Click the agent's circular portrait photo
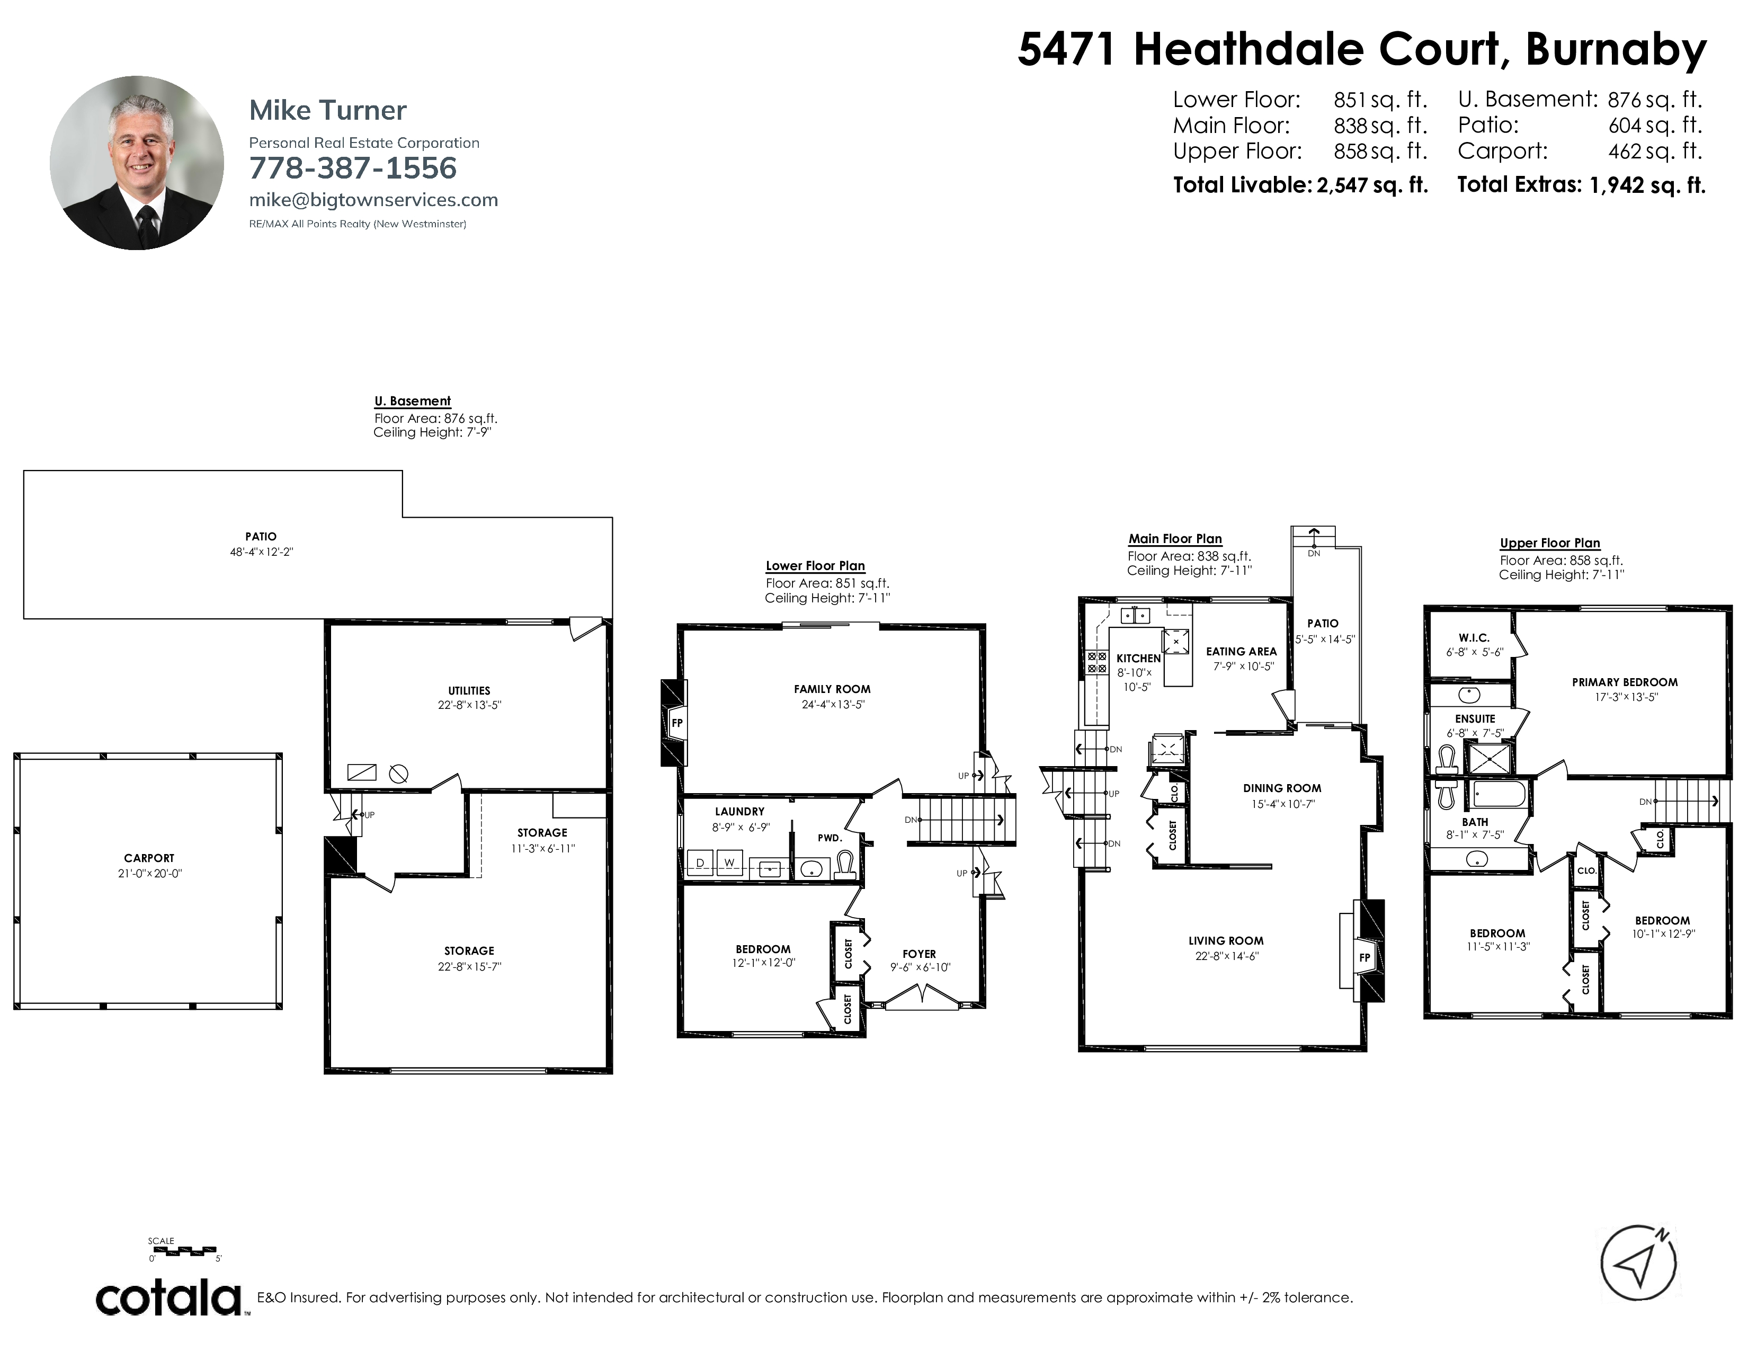137,163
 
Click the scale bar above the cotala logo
183,1249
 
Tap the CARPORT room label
149,858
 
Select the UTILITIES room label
469,691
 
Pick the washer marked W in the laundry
729,863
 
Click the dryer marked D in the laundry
700,863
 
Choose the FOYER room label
919,954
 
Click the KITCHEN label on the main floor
1138,658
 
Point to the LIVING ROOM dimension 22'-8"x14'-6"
1227,956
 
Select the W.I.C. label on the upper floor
1474,638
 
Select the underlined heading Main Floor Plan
1175,539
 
